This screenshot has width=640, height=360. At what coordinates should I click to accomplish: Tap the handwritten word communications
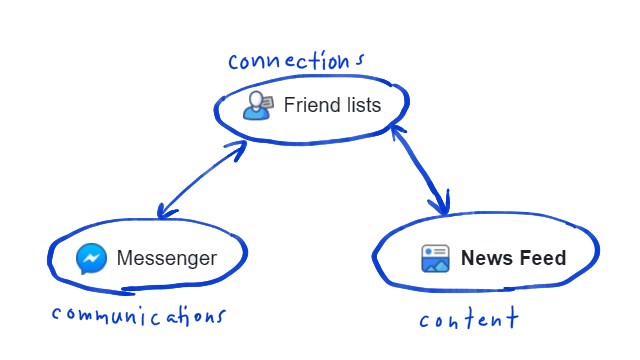click(x=138, y=316)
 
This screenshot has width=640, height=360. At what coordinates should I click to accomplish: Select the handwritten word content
click(x=468, y=320)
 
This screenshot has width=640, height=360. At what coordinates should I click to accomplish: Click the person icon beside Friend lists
click(x=258, y=105)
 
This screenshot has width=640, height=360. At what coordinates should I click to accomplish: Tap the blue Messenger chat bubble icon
click(x=91, y=259)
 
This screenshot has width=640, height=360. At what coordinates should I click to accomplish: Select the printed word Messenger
click(x=166, y=259)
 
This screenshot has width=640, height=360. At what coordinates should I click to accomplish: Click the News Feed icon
click(x=435, y=259)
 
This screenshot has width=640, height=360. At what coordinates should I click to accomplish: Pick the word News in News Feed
click(x=483, y=259)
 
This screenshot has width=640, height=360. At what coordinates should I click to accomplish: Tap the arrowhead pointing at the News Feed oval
click(x=441, y=207)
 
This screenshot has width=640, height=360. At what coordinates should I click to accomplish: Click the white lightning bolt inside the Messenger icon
click(x=91, y=260)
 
